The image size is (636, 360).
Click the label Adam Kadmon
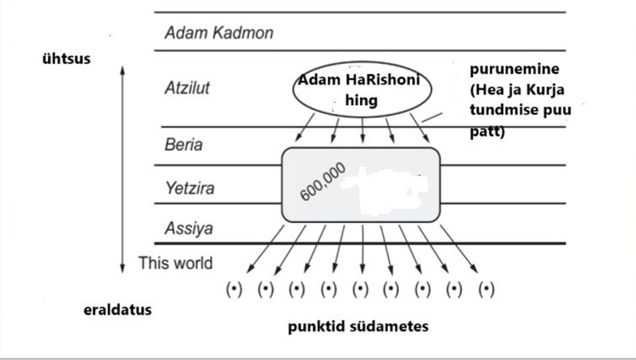tap(219, 33)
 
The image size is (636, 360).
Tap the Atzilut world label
tap(187, 88)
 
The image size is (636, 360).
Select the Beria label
tap(183, 145)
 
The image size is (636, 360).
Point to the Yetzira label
tap(190, 188)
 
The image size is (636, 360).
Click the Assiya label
tap(189, 228)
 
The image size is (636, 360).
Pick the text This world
tap(175, 263)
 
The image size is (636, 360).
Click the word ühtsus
tap(67, 59)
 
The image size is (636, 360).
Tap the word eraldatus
tap(117, 310)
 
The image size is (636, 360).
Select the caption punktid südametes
tap(358, 326)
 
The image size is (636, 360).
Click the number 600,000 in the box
tap(323, 181)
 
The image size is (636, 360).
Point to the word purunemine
tap(515, 69)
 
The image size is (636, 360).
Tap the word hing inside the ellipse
tap(362, 100)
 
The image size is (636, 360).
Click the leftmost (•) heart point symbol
tap(234, 289)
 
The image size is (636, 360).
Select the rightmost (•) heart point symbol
tap(486, 289)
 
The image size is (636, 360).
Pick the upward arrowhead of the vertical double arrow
tap(123, 71)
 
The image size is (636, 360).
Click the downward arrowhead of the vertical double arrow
tap(123, 268)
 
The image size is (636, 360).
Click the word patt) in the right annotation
tap(487, 131)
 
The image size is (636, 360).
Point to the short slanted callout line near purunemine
tap(432, 117)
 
